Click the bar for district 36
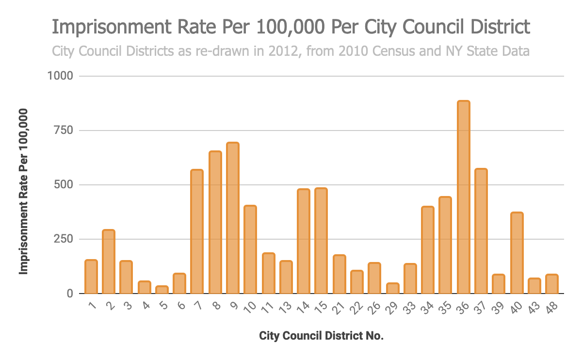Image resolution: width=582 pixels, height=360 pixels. pyautogui.click(x=463, y=197)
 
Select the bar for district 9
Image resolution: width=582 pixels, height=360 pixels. pyautogui.click(x=233, y=218)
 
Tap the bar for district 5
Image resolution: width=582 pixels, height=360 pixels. pyautogui.click(x=162, y=290)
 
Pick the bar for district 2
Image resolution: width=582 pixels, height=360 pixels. pyautogui.click(x=109, y=262)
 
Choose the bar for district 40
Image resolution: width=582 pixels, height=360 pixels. pyautogui.click(x=517, y=253)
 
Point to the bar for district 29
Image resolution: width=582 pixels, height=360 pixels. pyautogui.click(x=392, y=288)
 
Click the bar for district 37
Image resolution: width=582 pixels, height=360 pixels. pyautogui.click(x=481, y=231)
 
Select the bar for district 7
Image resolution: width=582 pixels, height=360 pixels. pyautogui.click(x=197, y=231)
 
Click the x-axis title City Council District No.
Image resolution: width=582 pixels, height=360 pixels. pyautogui.click(x=321, y=336)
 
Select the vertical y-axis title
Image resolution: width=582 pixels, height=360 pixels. pyautogui.click(x=23, y=191)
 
